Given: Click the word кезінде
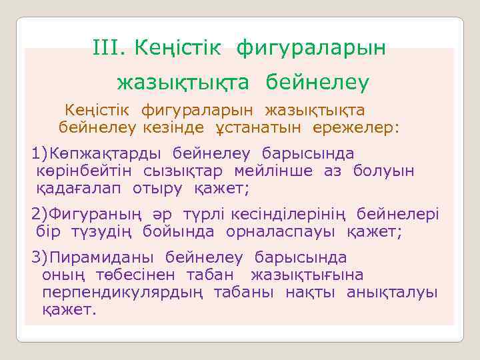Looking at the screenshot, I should [x=173, y=127].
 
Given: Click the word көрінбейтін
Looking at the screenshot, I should [x=87, y=171].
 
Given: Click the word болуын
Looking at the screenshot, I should [x=384, y=171].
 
